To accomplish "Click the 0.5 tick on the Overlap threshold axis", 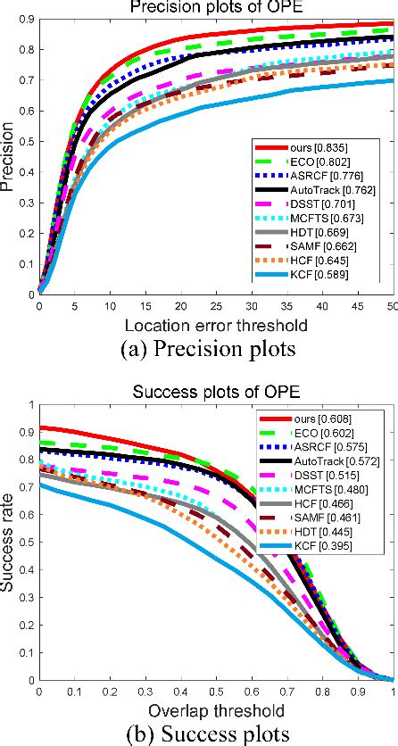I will tap(216, 692).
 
